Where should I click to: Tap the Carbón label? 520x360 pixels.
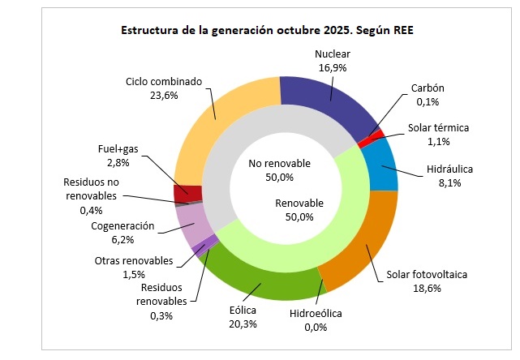428,88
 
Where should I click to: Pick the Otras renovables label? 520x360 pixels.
134,260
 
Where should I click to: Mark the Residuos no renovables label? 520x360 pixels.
90,190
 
